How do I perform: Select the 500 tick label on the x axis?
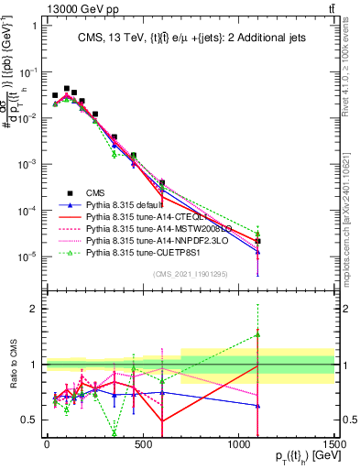pos(142,444)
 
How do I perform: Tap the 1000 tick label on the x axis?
pos(238,444)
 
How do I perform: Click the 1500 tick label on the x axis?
pos(333,444)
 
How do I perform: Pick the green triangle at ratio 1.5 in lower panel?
pos(258,335)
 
